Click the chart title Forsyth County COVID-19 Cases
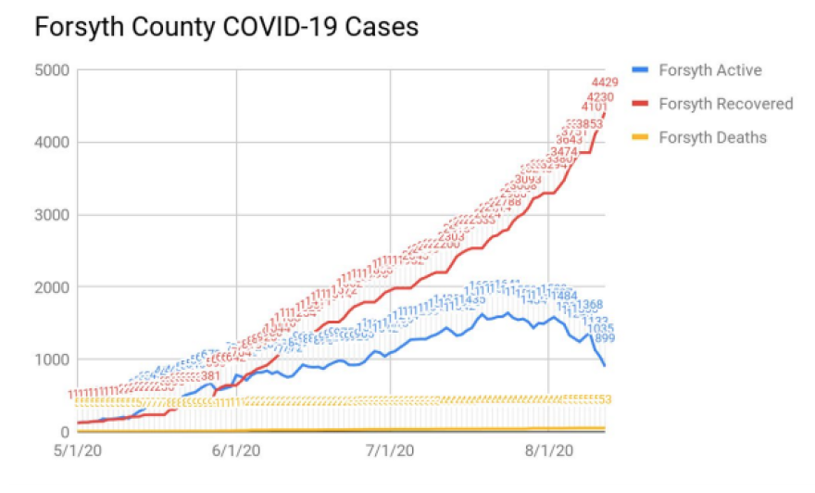coord(226,28)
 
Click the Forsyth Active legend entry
coord(710,70)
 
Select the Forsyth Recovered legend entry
coord(725,104)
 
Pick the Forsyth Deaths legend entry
coord(712,137)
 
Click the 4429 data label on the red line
coord(605,83)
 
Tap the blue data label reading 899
coord(606,339)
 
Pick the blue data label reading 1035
coord(601,328)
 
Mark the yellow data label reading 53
coord(607,399)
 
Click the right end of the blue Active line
coord(605,365)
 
